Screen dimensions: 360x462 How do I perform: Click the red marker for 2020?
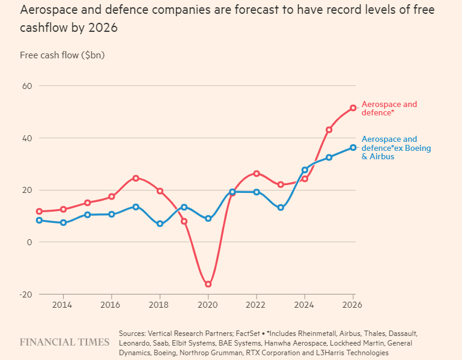point(208,284)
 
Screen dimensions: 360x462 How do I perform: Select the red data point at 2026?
point(353,108)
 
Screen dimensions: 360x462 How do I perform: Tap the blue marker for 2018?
point(160,224)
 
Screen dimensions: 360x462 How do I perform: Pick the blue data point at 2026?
point(353,147)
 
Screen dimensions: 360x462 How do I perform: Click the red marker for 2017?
point(136,178)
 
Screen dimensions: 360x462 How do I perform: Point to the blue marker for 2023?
point(281,207)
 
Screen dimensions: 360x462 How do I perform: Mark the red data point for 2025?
point(329,130)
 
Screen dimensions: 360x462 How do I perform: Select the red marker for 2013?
point(39,212)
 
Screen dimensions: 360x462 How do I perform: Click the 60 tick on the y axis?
point(27,86)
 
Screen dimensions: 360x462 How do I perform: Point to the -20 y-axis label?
point(26,294)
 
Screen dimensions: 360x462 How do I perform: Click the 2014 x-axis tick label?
point(63,305)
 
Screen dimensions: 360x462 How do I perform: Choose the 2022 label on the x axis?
point(257,305)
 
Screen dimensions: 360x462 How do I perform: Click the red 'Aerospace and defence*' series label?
point(389,108)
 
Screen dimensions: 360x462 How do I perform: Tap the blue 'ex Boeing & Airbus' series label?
point(395,148)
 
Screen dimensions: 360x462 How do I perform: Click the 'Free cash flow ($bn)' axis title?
point(62,55)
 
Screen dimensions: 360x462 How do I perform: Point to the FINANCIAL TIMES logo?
point(65,342)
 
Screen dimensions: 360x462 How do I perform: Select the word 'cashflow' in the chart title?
point(43,28)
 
